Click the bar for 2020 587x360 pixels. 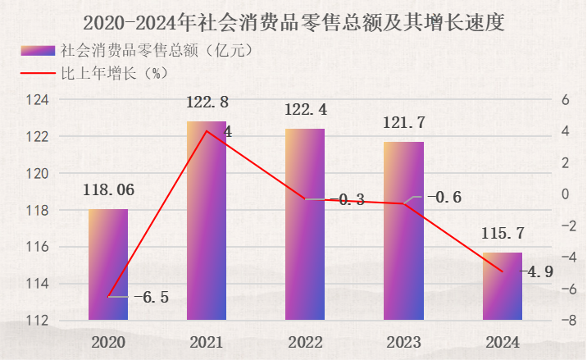(x=108, y=264)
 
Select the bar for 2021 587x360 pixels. (x=207, y=221)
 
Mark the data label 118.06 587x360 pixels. (x=108, y=190)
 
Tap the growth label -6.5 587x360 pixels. (x=151, y=297)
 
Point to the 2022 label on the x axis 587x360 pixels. (x=305, y=341)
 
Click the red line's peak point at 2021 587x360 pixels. (x=207, y=131)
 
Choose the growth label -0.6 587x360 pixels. (x=444, y=197)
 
